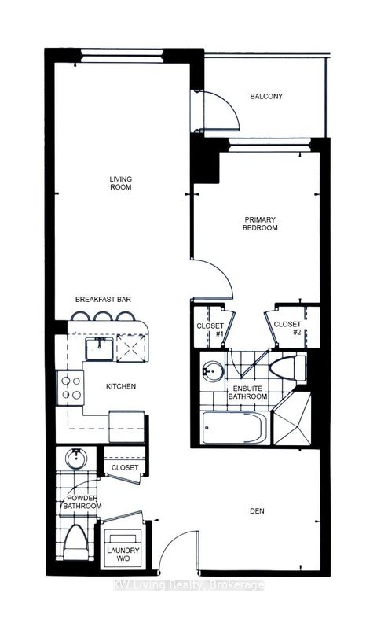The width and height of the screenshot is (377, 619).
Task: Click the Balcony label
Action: pyautogui.click(x=266, y=96)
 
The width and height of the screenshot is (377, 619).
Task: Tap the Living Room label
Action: pyautogui.click(x=121, y=183)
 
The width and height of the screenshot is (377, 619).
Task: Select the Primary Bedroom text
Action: pyautogui.click(x=260, y=223)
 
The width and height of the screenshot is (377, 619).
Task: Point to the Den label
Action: pyautogui.click(x=257, y=510)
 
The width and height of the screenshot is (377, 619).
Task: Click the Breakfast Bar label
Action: pyautogui.click(x=103, y=299)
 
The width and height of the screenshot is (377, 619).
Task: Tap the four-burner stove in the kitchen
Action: pyautogui.click(x=71, y=388)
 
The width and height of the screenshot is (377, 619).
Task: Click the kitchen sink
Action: pyautogui.click(x=100, y=348)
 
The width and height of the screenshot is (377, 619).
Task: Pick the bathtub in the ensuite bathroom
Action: pyautogui.click(x=235, y=428)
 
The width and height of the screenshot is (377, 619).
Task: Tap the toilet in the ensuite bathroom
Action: pyautogui.click(x=288, y=368)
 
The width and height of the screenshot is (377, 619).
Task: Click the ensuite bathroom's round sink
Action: pyautogui.click(x=212, y=371)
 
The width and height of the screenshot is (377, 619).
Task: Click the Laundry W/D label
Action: pyautogui.click(x=123, y=555)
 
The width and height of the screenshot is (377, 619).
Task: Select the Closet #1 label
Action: pyautogui.click(x=210, y=330)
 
